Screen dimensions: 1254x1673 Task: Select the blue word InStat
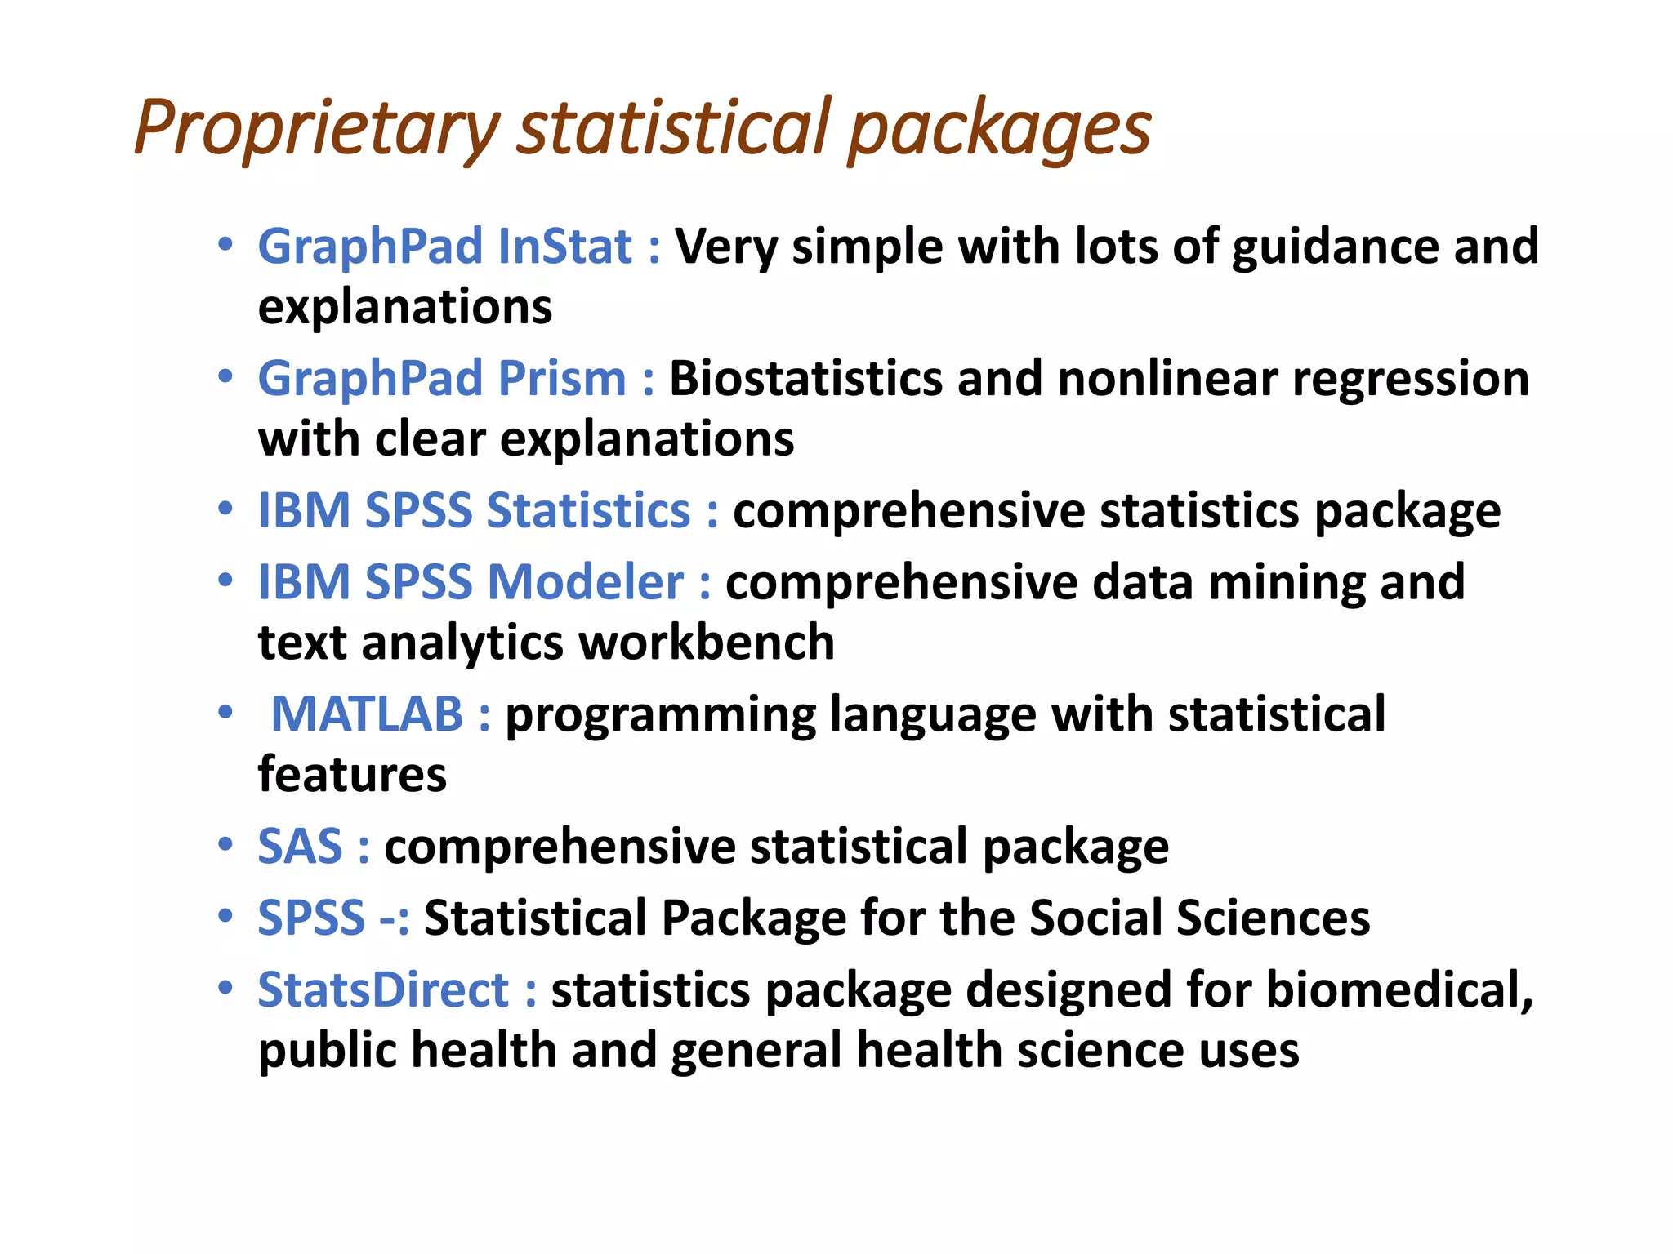tap(564, 246)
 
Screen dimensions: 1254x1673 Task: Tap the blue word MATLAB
tap(367, 714)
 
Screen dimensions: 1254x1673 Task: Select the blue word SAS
tap(300, 846)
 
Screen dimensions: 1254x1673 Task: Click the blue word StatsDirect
tap(383, 989)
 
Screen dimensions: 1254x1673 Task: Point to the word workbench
tap(707, 643)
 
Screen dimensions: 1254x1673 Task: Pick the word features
tap(352, 774)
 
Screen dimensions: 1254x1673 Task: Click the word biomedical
tap(1399, 989)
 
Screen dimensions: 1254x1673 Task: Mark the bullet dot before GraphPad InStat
tap(225, 244)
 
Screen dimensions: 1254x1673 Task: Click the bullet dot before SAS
tap(225, 844)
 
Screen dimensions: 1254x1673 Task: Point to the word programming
tap(660, 714)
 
